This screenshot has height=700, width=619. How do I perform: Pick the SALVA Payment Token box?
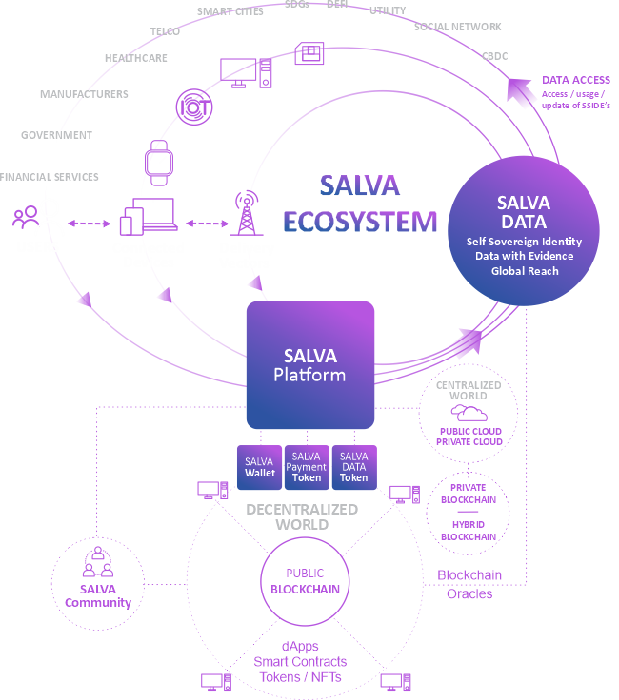307,466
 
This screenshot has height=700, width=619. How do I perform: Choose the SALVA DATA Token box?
354,466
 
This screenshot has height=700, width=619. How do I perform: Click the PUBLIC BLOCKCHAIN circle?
305,581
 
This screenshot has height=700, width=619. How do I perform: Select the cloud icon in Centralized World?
469,413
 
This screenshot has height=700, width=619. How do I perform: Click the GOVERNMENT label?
57,135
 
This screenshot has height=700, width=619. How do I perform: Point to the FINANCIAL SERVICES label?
50,177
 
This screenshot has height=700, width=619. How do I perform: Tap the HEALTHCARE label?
135,58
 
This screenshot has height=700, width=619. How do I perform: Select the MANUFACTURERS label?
84,94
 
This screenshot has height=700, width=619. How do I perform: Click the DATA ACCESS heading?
576,80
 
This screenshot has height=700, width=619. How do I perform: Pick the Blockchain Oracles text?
469,584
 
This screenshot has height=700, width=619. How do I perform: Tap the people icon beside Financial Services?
26,217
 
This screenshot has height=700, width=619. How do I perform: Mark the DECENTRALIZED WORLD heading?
301,516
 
